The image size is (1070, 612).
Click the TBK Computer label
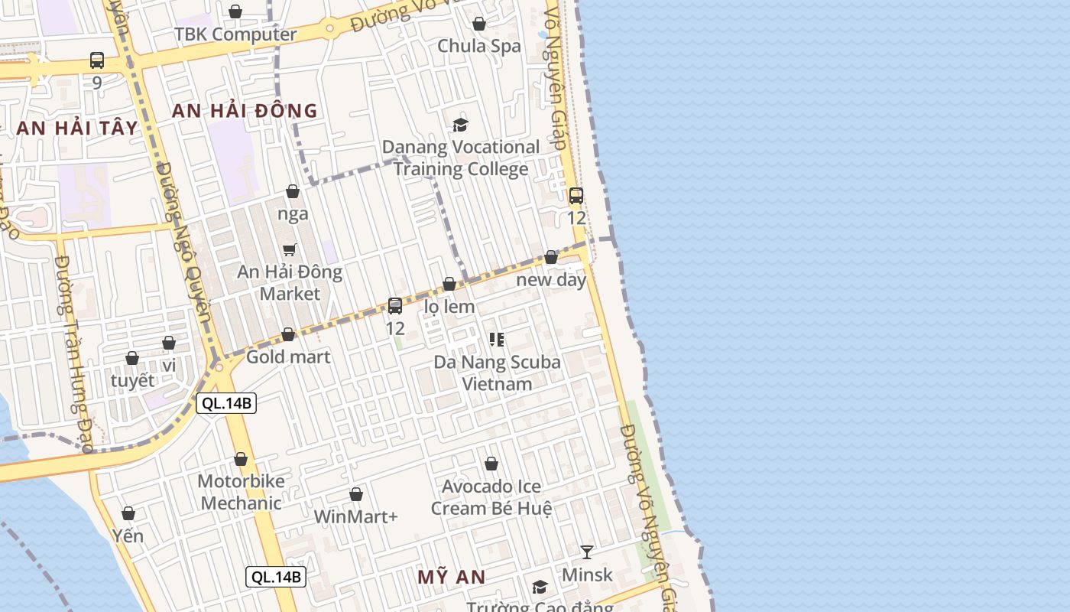point(235,34)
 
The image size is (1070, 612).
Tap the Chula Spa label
point(478,46)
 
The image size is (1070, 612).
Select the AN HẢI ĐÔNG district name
point(245,111)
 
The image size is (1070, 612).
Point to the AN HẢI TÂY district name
point(77,128)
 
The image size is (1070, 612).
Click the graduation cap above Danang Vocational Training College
point(460,125)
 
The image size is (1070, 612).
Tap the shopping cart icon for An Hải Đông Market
point(290,249)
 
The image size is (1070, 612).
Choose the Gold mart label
point(288,357)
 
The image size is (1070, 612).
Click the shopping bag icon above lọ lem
point(449,285)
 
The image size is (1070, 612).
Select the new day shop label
point(551,280)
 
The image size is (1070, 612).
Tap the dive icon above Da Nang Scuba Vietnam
point(497,339)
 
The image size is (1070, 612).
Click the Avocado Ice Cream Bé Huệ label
point(491,497)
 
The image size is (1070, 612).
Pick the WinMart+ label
point(356,517)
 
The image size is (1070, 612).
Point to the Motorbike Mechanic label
point(241,492)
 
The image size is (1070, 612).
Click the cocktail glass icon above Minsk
point(586,552)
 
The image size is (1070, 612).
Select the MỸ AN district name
point(452,577)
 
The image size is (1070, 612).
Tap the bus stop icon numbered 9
point(97,60)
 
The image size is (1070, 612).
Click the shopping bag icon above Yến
point(128,513)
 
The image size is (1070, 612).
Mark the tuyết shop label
point(132,381)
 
